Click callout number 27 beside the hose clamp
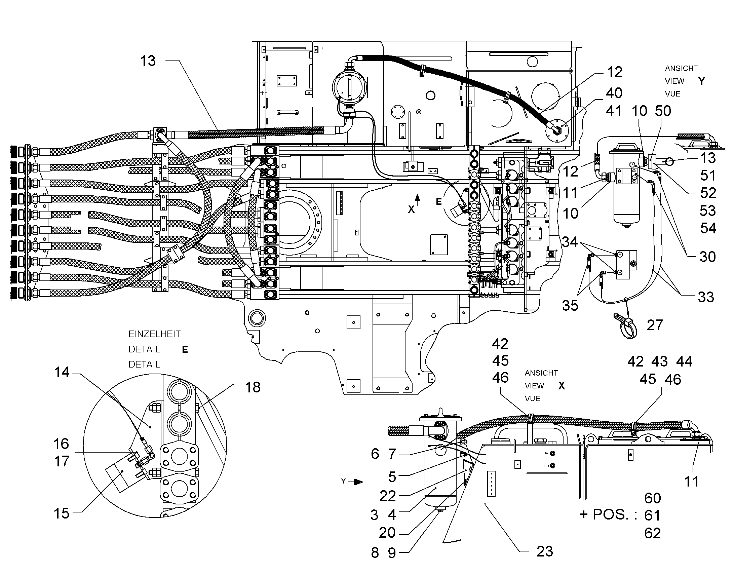pos(655,325)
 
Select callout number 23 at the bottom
pos(544,551)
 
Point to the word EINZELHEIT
pos(154,334)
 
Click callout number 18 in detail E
pos(253,387)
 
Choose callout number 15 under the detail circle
pos(62,513)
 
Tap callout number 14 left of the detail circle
pos(62,372)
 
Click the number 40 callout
pos(614,93)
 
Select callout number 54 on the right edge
pos(708,228)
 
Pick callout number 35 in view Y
pos(570,305)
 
